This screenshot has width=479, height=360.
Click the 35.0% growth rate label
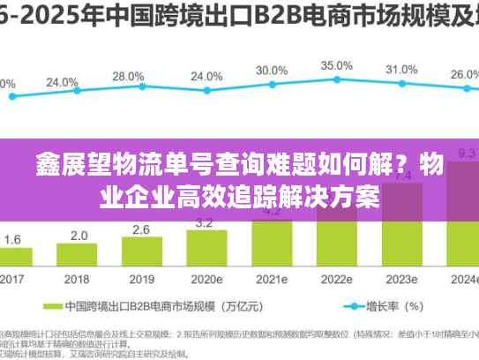[x=336, y=65]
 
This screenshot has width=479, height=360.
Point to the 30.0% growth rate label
[x=271, y=70]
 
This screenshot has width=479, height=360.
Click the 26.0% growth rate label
[x=463, y=75]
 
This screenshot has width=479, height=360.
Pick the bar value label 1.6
[x=13, y=239]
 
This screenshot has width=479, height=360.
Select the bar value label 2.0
[x=79, y=236]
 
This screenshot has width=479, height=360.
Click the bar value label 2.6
[x=141, y=229]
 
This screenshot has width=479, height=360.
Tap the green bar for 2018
[x=79, y=255]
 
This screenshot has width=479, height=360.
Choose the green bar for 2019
[x=141, y=252]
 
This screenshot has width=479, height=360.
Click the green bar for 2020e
[x=206, y=249]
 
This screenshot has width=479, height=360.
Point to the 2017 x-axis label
[x=12, y=279]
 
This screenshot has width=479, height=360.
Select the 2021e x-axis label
[x=271, y=279]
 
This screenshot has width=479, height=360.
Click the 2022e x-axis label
[x=336, y=279]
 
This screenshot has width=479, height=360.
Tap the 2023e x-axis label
[x=401, y=279]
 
